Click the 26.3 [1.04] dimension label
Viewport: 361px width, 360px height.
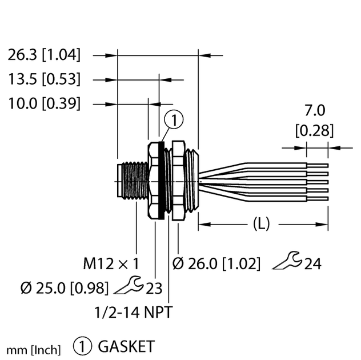[x=45, y=55]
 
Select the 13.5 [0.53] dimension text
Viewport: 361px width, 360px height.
[x=45, y=79]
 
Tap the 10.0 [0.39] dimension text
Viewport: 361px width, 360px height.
[x=45, y=103]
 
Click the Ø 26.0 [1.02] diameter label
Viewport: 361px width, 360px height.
[x=216, y=264]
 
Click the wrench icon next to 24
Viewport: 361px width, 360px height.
[x=286, y=263]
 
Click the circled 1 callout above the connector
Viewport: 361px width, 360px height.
[x=174, y=120]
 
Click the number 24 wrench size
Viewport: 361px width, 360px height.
[x=312, y=264]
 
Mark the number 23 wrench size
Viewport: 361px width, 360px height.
[x=153, y=288]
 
